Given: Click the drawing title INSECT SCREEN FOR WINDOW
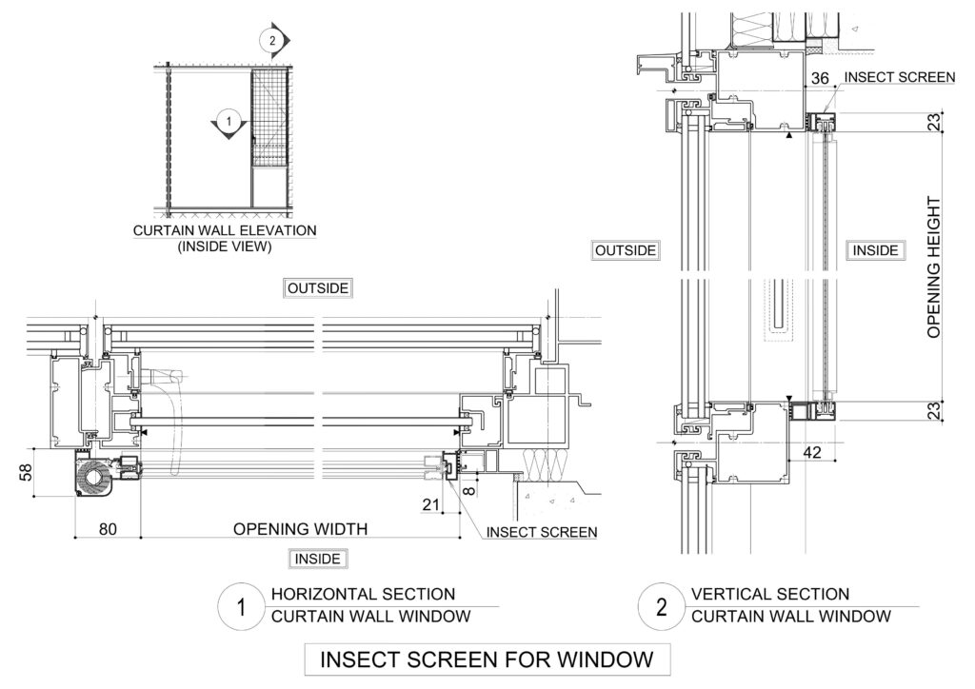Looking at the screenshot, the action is coord(487,659).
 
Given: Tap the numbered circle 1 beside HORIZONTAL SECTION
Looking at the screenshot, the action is coord(241,607).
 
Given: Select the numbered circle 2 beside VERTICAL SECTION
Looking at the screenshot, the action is coord(662,607).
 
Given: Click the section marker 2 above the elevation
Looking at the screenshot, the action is coord(273,41).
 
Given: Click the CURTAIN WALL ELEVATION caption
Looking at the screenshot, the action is coord(225,230).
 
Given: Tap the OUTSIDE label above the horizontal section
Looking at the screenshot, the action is coord(318,288).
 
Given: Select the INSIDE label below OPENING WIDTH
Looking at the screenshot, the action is coord(318,559).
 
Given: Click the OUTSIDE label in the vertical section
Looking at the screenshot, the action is coord(626,250).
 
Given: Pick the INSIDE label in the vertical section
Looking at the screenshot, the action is coord(876,250).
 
